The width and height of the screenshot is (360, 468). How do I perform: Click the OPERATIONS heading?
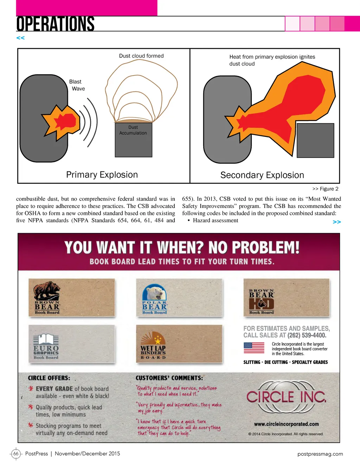(55, 24)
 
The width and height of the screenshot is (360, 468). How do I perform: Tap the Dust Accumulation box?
(133, 140)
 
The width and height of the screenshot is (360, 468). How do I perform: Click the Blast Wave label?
(77, 85)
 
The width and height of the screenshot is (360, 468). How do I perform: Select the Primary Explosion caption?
(102, 175)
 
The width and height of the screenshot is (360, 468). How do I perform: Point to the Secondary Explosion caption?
(262, 175)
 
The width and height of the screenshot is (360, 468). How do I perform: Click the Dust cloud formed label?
(141, 56)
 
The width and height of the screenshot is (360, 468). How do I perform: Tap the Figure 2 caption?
(325, 189)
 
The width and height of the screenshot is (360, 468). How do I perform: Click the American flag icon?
(254, 348)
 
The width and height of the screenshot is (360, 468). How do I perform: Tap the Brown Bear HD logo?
(262, 302)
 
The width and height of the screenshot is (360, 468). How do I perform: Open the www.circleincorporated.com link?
(287, 424)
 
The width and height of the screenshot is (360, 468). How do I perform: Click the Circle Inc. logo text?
(287, 397)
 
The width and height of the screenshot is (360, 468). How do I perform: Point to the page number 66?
(16, 454)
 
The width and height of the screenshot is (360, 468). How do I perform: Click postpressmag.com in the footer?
(320, 454)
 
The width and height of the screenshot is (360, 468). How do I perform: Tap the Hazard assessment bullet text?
(216, 220)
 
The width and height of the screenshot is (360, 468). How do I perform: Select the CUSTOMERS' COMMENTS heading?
(169, 378)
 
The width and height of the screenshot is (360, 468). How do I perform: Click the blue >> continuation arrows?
(337, 222)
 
